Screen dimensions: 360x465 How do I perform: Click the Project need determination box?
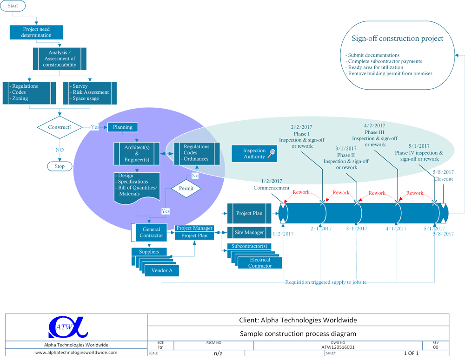coord(36,32)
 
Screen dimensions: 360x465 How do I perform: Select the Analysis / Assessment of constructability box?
coord(60,59)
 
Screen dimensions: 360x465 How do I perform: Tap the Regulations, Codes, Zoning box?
coord(31,92)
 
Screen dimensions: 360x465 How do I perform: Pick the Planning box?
coord(123,127)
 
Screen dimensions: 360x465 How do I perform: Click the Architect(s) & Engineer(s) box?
coord(137,153)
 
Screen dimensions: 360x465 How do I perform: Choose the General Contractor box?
coord(151,232)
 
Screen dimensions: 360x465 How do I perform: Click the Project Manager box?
coord(194,228)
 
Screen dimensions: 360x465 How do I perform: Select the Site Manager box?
coord(249,232)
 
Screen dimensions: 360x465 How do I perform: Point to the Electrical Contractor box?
coord(259,263)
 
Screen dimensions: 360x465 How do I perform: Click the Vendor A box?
coord(162,271)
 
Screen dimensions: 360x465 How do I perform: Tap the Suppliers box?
coord(149,252)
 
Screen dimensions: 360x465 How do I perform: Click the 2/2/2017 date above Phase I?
coord(301,127)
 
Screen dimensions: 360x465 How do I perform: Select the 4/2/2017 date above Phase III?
coord(375,125)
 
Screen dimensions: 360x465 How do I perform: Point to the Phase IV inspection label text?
coord(418,156)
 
